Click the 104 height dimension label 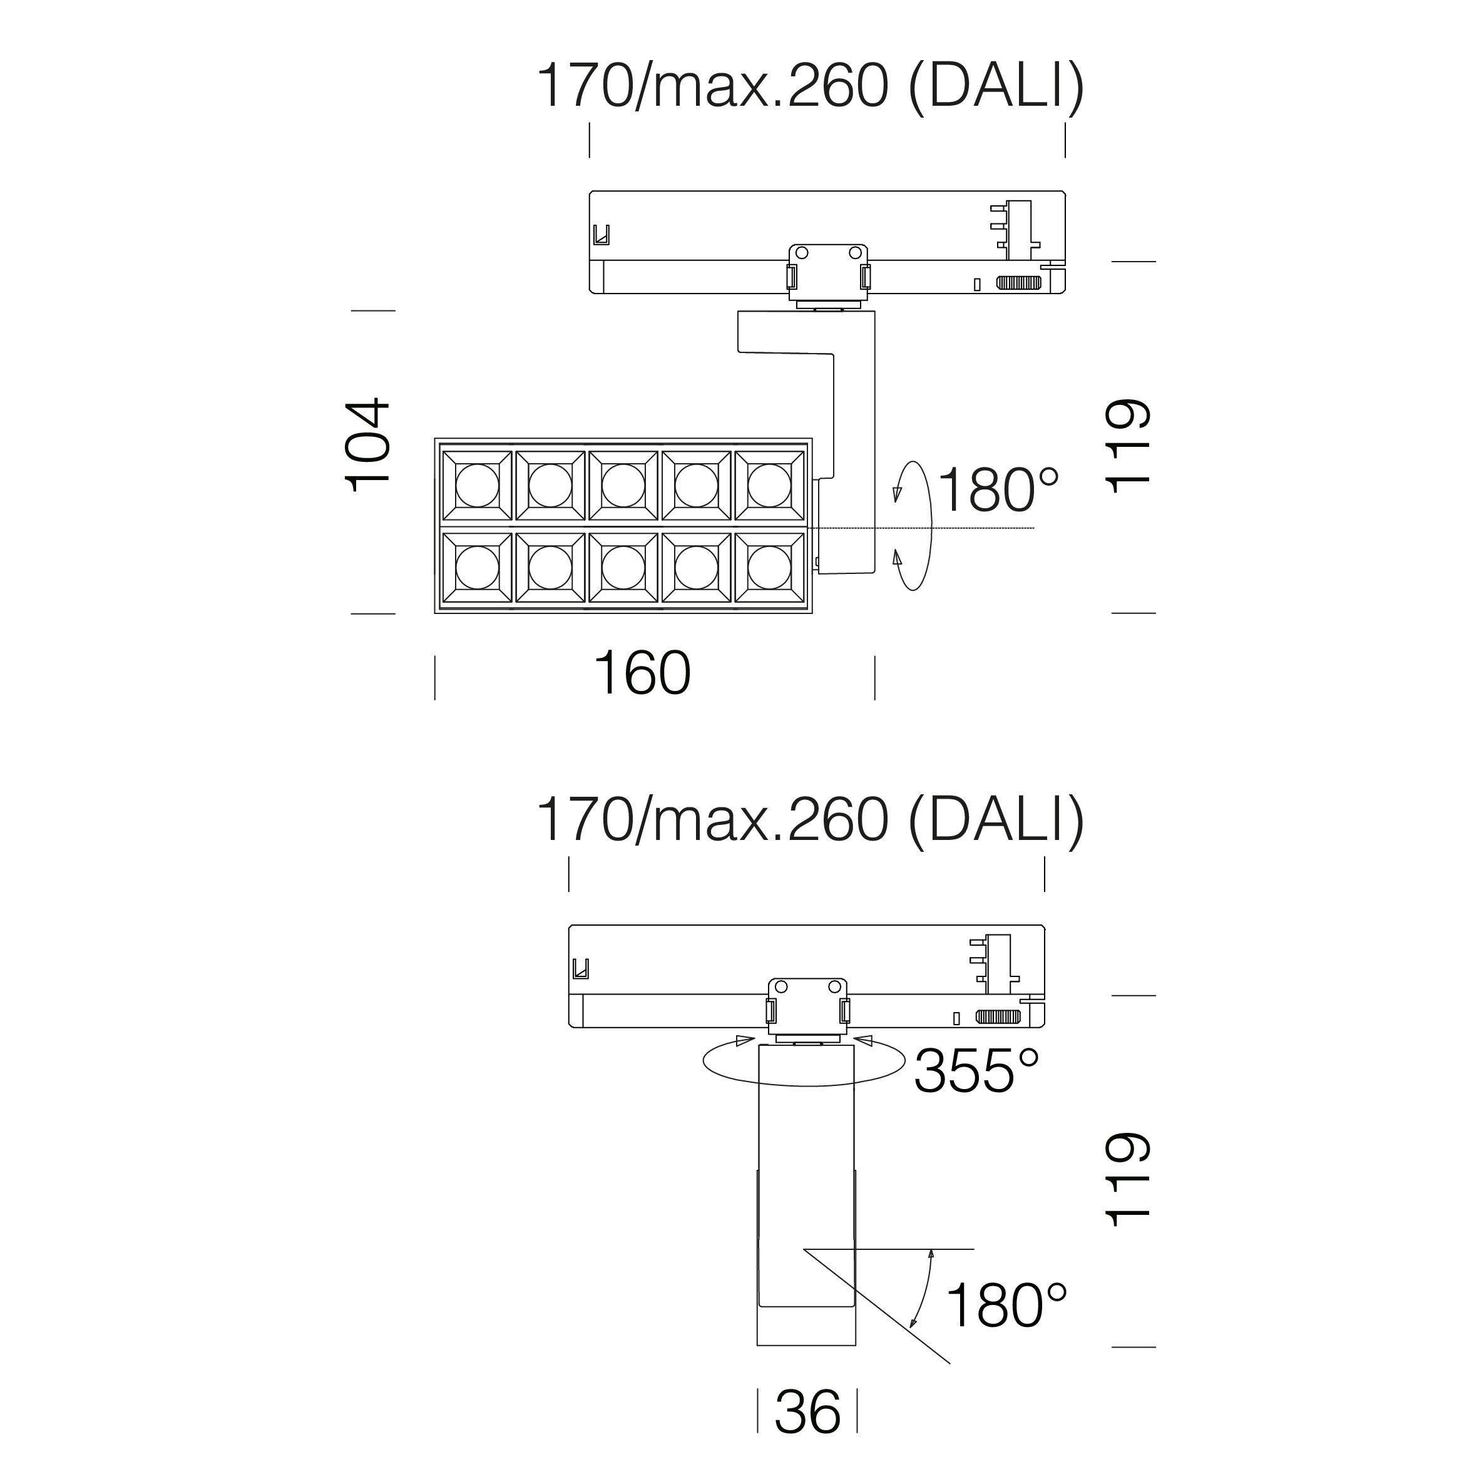368,445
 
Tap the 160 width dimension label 642,673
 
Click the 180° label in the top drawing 998,490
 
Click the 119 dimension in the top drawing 1128,446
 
